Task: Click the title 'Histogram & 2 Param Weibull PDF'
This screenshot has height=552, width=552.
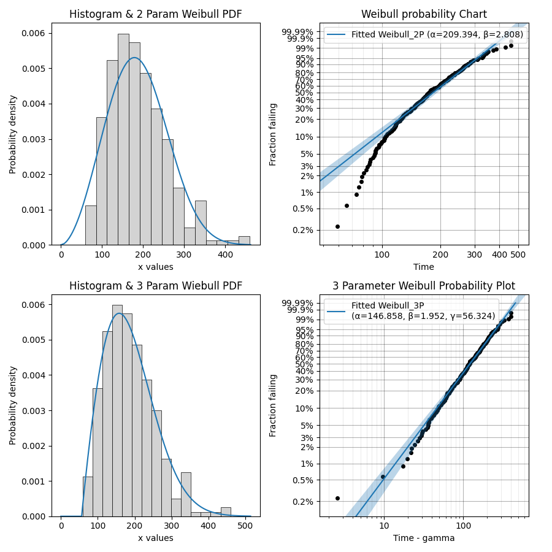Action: tap(155, 14)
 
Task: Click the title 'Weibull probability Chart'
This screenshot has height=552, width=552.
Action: tap(424, 14)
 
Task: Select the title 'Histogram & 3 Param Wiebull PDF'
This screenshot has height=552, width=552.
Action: tap(155, 286)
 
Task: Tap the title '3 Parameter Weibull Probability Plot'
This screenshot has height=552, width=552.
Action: tap(424, 286)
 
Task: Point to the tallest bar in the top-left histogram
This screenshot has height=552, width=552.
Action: tap(123, 139)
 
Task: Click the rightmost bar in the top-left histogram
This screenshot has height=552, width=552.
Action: tap(244, 240)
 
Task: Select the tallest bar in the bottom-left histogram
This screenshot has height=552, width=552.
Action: tap(117, 410)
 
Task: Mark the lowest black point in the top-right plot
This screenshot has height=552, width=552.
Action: tap(337, 226)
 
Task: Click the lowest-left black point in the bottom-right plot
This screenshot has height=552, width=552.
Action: tap(337, 498)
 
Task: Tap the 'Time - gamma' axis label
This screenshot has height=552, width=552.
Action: tap(424, 539)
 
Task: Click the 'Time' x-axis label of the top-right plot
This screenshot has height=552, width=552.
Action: tap(424, 267)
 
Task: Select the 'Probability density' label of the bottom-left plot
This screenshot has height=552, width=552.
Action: tap(13, 405)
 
